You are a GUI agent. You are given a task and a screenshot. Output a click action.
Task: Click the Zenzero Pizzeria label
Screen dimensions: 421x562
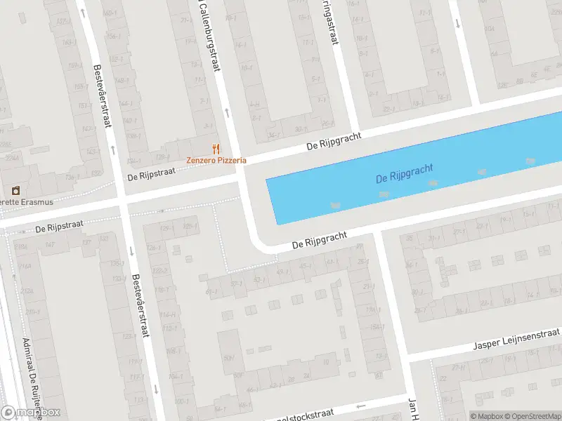tap(216, 160)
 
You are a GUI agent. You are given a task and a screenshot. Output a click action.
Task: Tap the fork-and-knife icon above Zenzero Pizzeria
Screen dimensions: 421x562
tap(216, 149)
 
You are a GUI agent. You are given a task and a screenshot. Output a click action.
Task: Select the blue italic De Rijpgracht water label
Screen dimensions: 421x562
tap(405, 173)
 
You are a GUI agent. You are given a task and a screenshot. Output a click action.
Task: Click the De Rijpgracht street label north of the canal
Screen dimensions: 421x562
tap(334, 141)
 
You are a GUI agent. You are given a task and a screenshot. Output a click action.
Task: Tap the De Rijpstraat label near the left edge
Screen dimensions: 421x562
tap(60, 227)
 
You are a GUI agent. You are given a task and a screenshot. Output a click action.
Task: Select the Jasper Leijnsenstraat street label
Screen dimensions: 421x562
tap(516, 340)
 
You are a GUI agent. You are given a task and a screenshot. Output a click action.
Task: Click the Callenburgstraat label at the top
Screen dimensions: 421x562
tap(209, 35)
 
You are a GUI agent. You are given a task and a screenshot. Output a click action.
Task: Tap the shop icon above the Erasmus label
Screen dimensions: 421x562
tap(15, 190)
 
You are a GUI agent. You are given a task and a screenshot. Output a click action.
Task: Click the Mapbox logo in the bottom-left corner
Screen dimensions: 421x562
tap(30, 413)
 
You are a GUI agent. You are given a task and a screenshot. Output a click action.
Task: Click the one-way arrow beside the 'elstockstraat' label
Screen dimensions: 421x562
tap(361, 406)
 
